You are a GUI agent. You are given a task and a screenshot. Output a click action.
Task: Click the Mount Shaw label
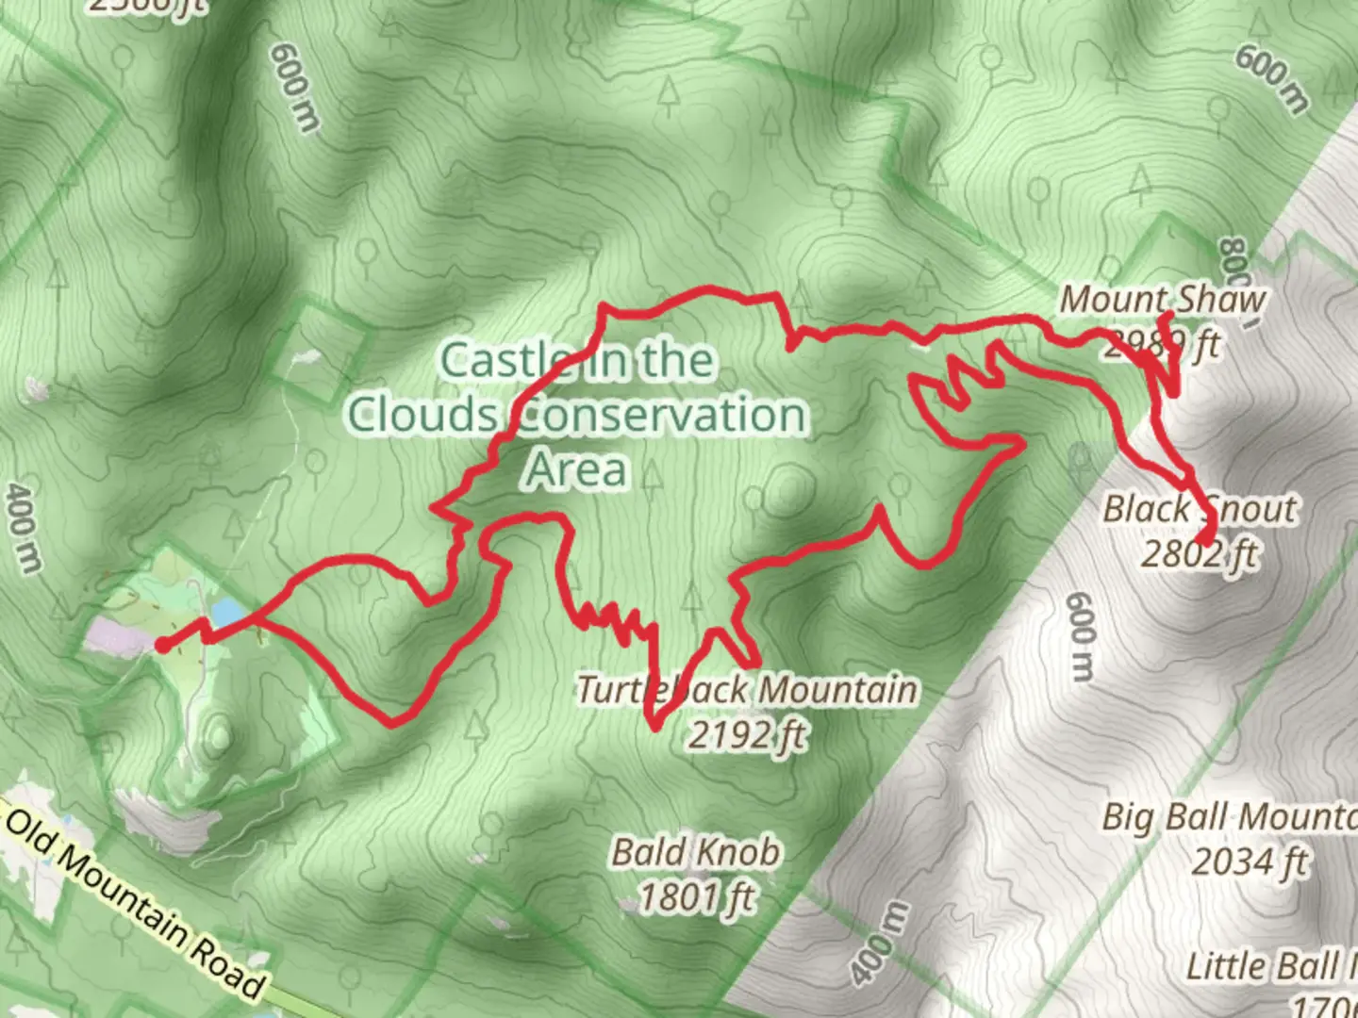pos(1162,300)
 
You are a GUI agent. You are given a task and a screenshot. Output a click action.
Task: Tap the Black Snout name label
pos(1200,509)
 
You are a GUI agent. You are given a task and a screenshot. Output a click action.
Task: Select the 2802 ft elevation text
pos(1200,553)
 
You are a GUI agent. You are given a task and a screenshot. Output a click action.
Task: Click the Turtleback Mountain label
pos(747,690)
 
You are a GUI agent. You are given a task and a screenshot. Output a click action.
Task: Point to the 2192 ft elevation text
pos(747,733)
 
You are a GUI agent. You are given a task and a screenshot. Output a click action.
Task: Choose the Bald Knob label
pos(696,852)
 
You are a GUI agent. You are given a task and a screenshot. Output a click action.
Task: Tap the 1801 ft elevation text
pos(696,896)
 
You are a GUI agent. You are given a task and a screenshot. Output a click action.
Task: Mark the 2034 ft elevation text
pos(1250,861)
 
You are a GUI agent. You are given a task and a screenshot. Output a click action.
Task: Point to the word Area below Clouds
pos(575,469)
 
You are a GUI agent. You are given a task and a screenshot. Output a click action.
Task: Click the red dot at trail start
pos(162,646)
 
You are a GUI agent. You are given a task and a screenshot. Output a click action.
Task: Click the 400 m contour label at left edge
pos(25,528)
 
